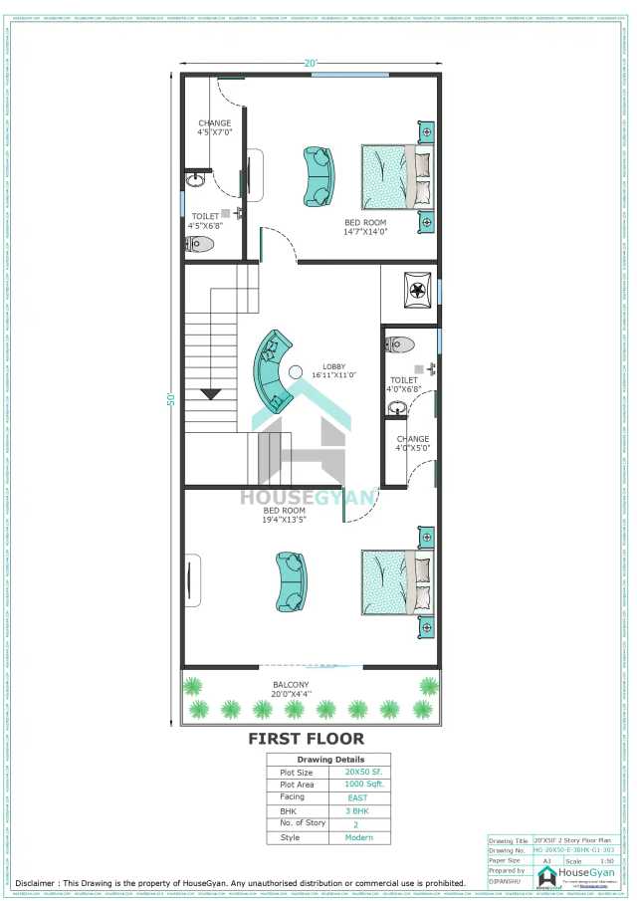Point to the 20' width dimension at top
tap(311, 64)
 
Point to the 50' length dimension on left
tap(171, 399)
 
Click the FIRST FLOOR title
tap(306, 739)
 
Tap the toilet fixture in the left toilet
tap(200, 243)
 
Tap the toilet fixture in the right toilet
tap(399, 345)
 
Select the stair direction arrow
tap(211, 394)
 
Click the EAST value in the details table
tap(357, 798)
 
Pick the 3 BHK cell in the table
tap(357, 811)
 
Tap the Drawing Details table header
tap(328, 759)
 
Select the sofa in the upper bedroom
tap(318, 177)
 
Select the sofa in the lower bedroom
tap(292, 581)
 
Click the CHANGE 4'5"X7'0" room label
tap(214, 127)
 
